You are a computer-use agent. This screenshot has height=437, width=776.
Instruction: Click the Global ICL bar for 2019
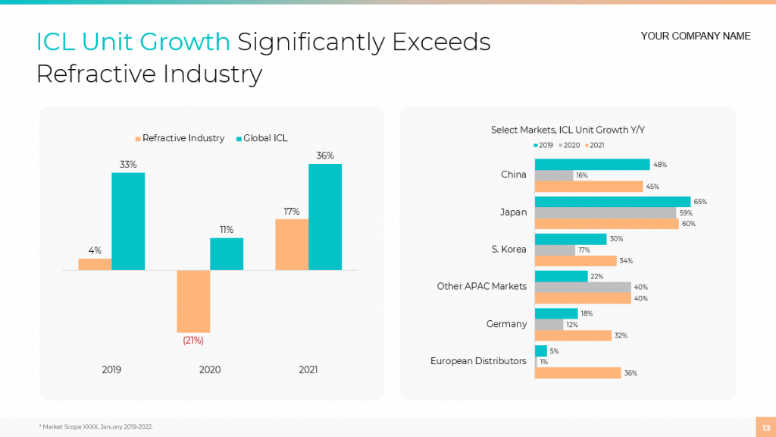pyautogui.click(x=128, y=221)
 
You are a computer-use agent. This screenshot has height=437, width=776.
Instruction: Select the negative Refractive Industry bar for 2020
pyautogui.click(x=193, y=301)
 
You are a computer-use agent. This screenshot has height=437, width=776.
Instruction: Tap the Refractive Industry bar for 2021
pyautogui.click(x=292, y=244)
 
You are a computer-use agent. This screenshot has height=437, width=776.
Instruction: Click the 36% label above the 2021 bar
pyautogui.click(x=325, y=156)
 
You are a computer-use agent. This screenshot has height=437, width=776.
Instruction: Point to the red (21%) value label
pyautogui.click(x=193, y=341)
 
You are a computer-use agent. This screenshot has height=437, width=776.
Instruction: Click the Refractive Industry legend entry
pyautogui.click(x=180, y=138)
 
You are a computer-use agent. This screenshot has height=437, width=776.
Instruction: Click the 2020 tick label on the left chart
pyautogui.click(x=210, y=370)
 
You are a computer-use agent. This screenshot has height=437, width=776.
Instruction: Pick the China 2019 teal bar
pyautogui.click(x=592, y=165)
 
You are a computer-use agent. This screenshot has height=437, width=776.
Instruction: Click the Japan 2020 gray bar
pyautogui.click(x=605, y=213)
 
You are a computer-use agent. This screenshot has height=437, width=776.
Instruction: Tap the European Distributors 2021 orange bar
pyautogui.click(x=577, y=373)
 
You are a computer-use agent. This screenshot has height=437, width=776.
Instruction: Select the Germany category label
pyautogui.click(x=506, y=324)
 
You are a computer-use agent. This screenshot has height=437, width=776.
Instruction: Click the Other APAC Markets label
pyautogui.click(x=481, y=287)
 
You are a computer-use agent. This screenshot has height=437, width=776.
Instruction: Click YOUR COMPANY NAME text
pyautogui.click(x=695, y=36)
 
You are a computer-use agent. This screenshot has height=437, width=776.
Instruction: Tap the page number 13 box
pyautogui.click(x=764, y=427)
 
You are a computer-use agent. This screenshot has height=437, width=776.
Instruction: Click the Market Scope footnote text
pyautogui.click(x=95, y=427)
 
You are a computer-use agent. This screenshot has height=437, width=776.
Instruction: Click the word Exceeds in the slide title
pyautogui.click(x=440, y=42)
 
